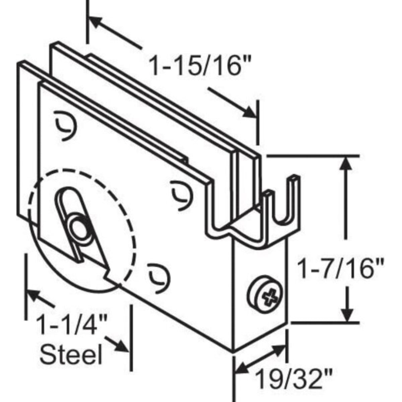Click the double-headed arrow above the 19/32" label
261,358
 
